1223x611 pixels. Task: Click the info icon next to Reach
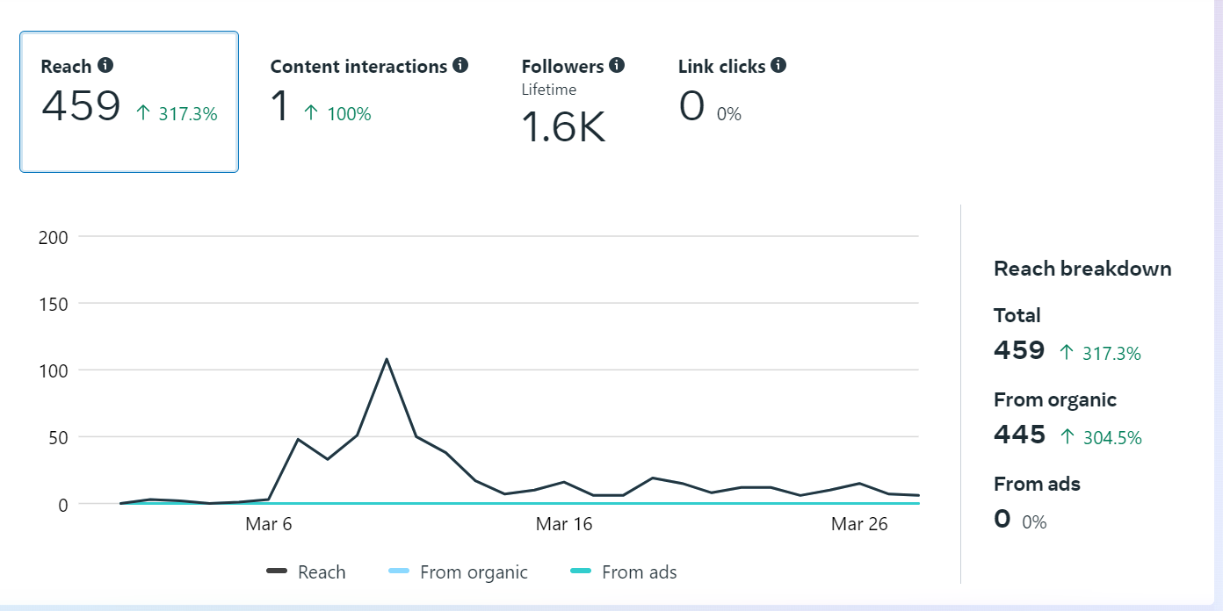tap(105, 66)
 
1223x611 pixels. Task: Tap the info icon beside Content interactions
tap(460, 66)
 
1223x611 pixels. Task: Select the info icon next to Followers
tap(617, 66)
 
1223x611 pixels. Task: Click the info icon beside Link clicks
tap(778, 66)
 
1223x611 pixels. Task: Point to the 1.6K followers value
tap(563, 127)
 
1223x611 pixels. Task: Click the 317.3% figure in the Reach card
tap(187, 114)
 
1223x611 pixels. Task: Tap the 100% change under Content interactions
tap(348, 114)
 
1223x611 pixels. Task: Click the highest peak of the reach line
tap(387, 359)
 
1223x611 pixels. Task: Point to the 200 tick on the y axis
tap(54, 237)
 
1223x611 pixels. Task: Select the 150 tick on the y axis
tap(54, 304)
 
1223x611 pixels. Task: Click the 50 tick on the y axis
tap(58, 437)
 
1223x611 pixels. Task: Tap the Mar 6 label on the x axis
tap(269, 524)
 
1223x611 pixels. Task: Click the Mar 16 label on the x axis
tap(564, 524)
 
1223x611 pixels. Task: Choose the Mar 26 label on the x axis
tap(859, 524)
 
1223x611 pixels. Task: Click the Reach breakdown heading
tap(1082, 269)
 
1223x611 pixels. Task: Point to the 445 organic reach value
tap(1020, 435)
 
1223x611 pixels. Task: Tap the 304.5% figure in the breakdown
tap(1112, 437)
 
